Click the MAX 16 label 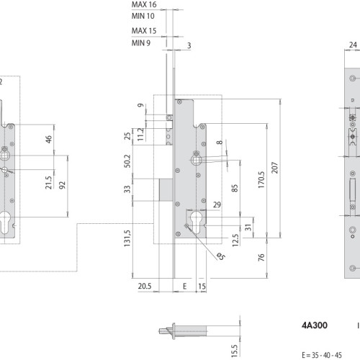click(144, 4)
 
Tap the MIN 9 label click(141, 43)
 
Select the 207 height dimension click(274, 168)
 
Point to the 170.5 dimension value click(261, 179)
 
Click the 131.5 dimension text click(127, 238)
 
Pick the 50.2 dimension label click(127, 161)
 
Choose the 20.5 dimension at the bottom click(145, 286)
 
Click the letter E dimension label click(184, 286)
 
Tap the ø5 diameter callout click(220, 256)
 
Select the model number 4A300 click(315, 325)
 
